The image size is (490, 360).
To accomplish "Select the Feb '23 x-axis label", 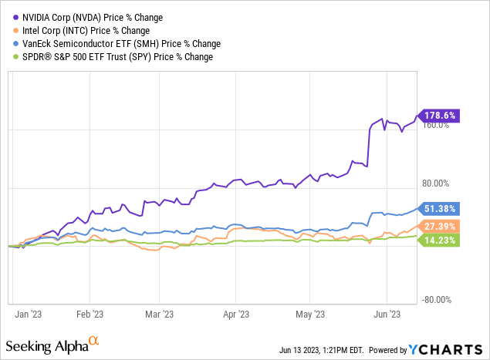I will click(90, 315).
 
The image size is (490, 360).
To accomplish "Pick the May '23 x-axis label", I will click(309, 315).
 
